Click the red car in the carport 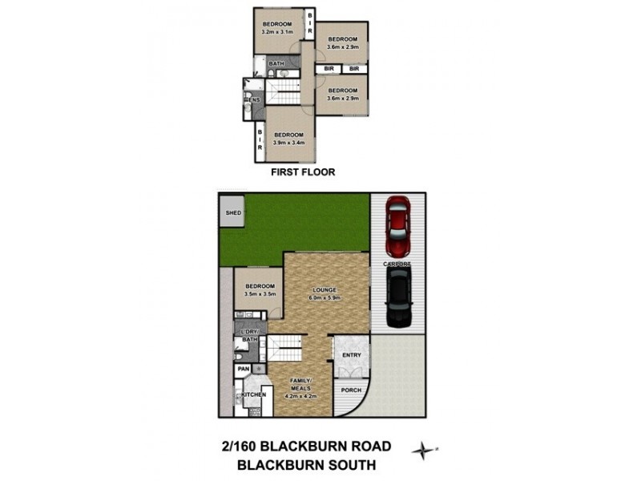tap(398, 227)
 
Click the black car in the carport tap(398, 297)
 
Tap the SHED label tap(233, 213)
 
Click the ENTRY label tap(352, 355)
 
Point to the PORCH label tap(351, 391)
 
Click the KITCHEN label tap(253, 396)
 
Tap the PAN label tap(243, 370)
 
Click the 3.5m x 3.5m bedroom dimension tap(260, 294)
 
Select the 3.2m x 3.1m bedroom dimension tap(280, 32)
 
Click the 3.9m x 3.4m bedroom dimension tap(288, 143)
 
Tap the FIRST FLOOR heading tap(302, 172)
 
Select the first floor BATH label tap(276, 63)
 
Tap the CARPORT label tap(398, 263)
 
